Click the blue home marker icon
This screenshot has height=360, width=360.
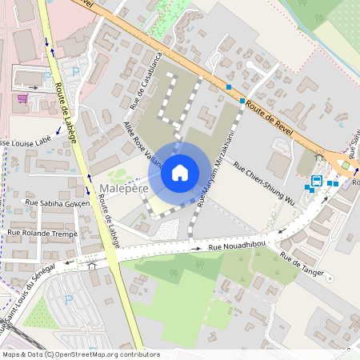point(180,173)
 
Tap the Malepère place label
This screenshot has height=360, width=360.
point(124,189)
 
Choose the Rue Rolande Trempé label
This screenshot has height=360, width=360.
point(42,233)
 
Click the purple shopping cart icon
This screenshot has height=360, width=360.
point(22,99)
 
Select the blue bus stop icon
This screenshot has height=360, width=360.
point(317,181)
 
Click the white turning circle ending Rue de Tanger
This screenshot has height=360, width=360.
point(329,278)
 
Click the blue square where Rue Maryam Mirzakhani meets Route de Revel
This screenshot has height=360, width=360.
point(242,101)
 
